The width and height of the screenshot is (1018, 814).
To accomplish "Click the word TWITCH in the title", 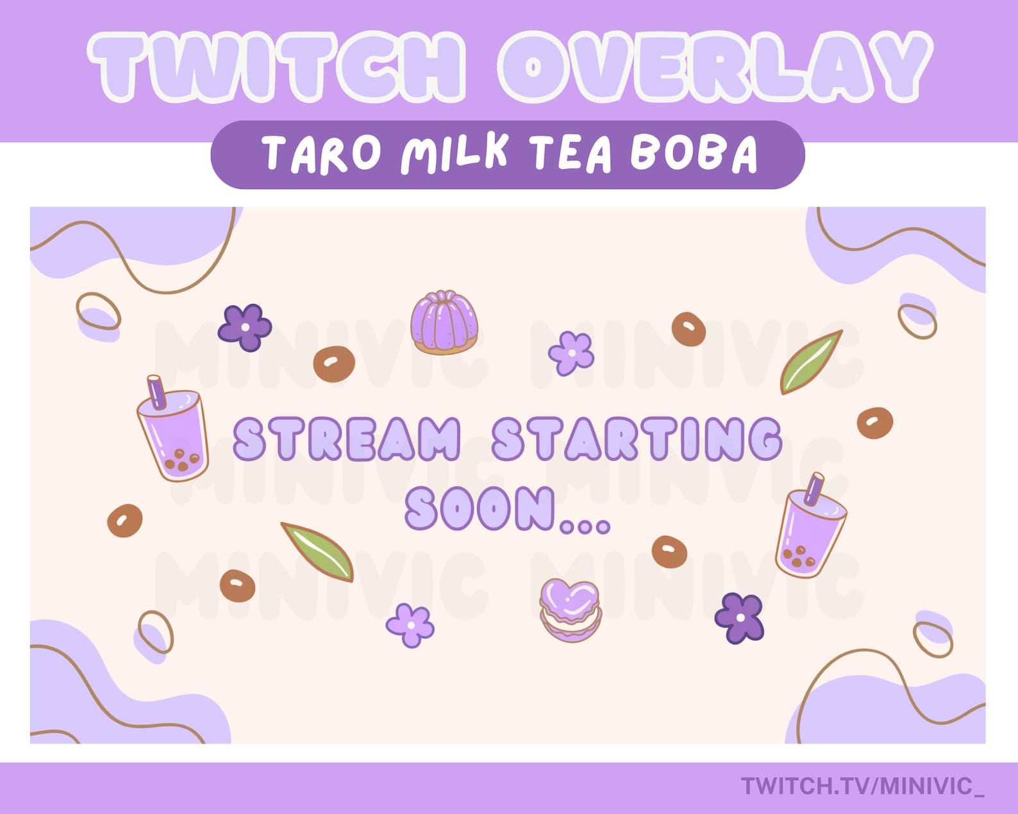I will coord(276,67).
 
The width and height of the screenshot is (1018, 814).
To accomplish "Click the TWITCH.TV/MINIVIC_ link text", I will coord(862,786).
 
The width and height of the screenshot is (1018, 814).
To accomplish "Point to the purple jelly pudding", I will coord(444,322).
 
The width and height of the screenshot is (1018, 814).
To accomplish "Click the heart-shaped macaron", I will coord(570,610).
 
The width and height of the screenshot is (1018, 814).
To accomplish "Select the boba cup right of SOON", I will coord(809,532).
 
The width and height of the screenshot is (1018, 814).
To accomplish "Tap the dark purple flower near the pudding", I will coord(245,327).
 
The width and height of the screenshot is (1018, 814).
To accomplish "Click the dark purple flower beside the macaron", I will coord(740,617).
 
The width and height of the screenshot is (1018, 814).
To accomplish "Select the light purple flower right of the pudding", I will coord(571,353).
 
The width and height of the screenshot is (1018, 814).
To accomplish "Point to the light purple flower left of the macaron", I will coord(410,624).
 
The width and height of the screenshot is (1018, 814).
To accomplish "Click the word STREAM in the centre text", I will coord(347,439).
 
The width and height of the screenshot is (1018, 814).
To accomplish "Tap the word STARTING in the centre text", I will coord(637,439).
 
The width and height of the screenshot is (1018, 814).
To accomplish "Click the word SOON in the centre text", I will coord(480,508).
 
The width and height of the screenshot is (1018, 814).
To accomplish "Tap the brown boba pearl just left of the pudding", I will coord(334,363).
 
